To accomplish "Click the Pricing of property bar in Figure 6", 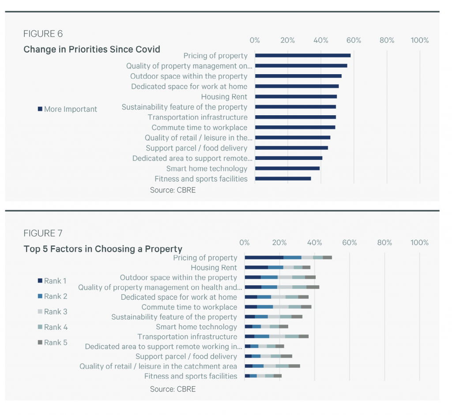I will (x=302, y=56).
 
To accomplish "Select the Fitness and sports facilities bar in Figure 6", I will (x=282, y=179).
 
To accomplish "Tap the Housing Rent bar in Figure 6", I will (x=296, y=97).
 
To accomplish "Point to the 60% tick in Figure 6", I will (x=354, y=40).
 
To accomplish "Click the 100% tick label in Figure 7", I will (x=419, y=242).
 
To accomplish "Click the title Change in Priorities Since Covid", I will (x=91, y=49).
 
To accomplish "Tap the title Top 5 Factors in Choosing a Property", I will (x=103, y=249).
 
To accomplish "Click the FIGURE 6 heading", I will (x=43, y=34).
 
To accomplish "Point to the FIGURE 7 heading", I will (x=43, y=233).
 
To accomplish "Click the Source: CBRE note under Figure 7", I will (x=173, y=389).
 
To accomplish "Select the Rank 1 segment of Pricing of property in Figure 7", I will (x=264, y=257).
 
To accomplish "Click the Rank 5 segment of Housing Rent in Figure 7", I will (x=306, y=268).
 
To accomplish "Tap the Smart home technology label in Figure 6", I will (x=207, y=169).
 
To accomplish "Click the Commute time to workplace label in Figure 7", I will (x=189, y=307).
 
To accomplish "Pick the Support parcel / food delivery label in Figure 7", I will (x=186, y=356).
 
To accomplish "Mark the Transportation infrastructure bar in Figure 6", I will (x=295, y=117).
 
